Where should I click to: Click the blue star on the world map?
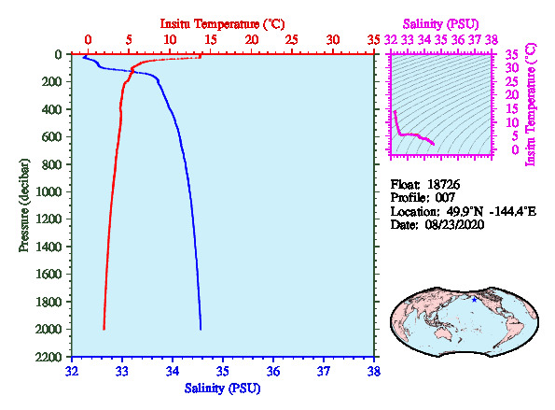tap(474, 300)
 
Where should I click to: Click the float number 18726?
tap(443, 185)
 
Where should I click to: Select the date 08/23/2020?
tap(454, 225)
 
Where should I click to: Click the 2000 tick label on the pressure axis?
tap(49, 329)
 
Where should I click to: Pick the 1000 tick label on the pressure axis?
tap(49, 191)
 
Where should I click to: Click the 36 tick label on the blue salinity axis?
tap(273, 372)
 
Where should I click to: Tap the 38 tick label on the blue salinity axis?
tap(374, 372)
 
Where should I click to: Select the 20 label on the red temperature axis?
tap(251, 39)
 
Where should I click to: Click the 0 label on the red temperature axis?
tap(88, 39)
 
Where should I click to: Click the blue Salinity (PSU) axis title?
tap(222, 389)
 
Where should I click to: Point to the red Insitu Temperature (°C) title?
tap(223, 24)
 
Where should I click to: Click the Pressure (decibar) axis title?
tap(24, 205)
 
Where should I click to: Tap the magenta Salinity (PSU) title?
tap(441, 24)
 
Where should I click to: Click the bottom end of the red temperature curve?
tap(104, 329)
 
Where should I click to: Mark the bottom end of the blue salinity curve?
tap(201, 329)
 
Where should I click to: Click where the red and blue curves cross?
tap(132, 72)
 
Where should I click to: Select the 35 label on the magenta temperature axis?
tap(512, 55)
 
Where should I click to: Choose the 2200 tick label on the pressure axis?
tap(49, 357)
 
